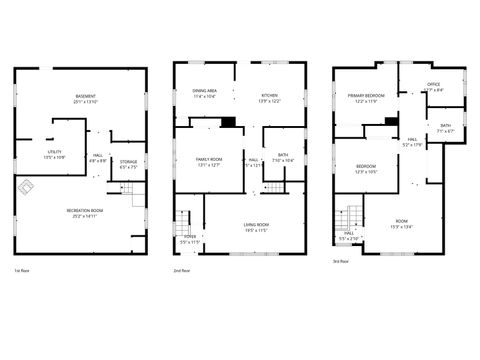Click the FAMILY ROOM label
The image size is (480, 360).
[x=208, y=162]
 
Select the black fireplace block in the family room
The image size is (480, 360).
[x=228, y=122]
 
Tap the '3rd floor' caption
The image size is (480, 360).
[x=341, y=262]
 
